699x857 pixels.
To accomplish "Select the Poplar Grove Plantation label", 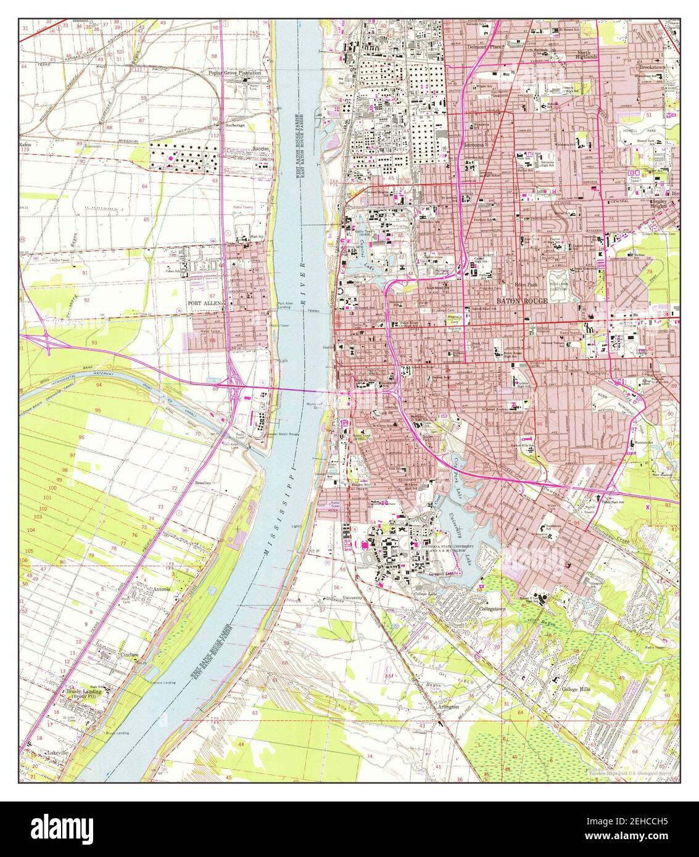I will pos(235,72).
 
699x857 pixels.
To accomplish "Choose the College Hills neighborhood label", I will pos(576,689).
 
